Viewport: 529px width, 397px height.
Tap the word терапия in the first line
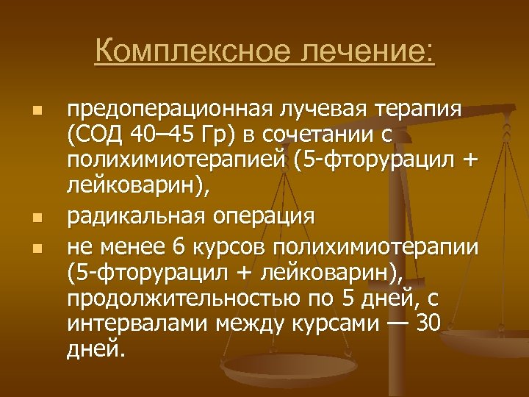coord(418,110)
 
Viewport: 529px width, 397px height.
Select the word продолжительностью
coord(185,298)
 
